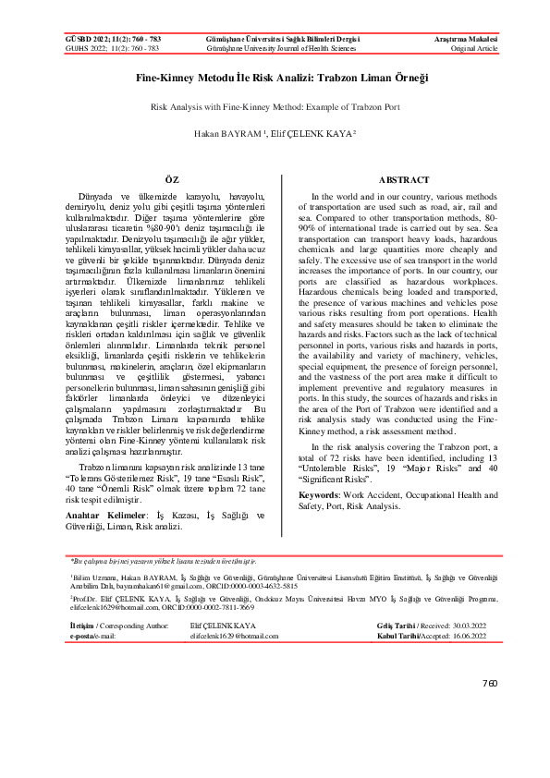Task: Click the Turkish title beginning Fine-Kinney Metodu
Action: [x=275, y=80]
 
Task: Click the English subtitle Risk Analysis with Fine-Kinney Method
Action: [x=275, y=107]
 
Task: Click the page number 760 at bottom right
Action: [x=490, y=683]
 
